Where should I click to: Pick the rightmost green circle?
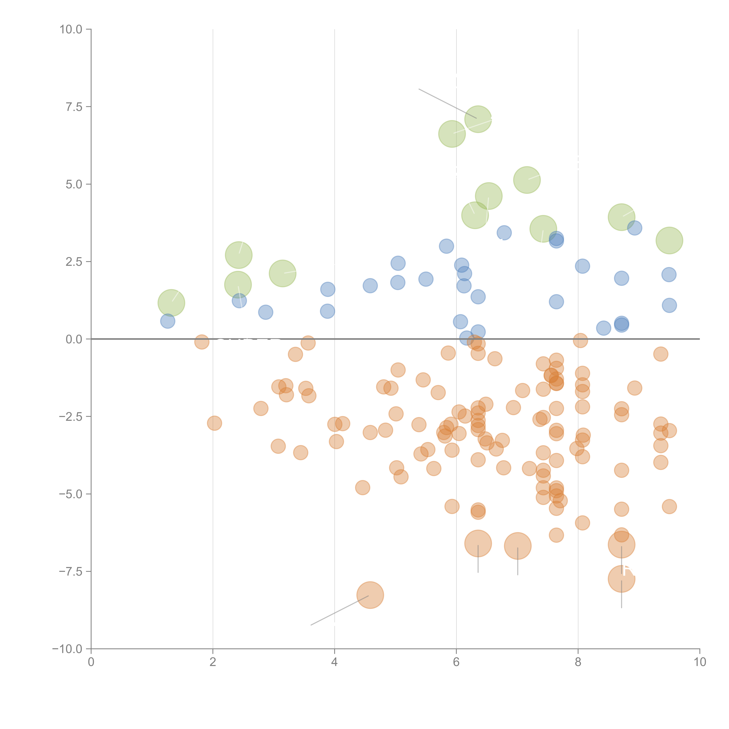[669, 240]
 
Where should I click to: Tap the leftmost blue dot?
[168, 321]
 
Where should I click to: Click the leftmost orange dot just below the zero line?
[202, 342]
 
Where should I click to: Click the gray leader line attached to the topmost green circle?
[447, 103]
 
